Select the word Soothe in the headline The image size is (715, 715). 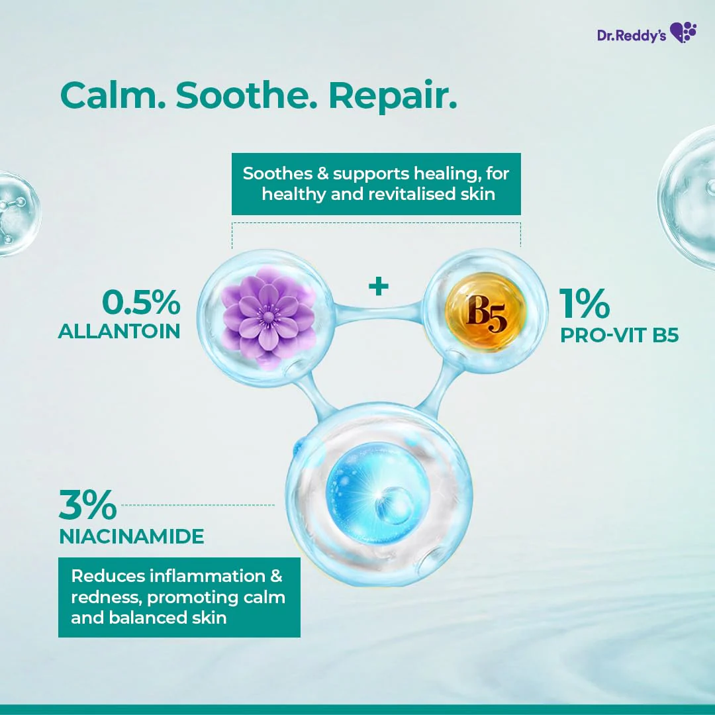click(x=248, y=96)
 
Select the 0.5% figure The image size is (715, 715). click(x=140, y=303)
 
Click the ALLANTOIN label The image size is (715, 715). click(x=119, y=332)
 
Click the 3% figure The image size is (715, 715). click(x=87, y=506)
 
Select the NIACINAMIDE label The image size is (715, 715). click(x=132, y=537)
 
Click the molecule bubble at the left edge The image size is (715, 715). click(x=17, y=213)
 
